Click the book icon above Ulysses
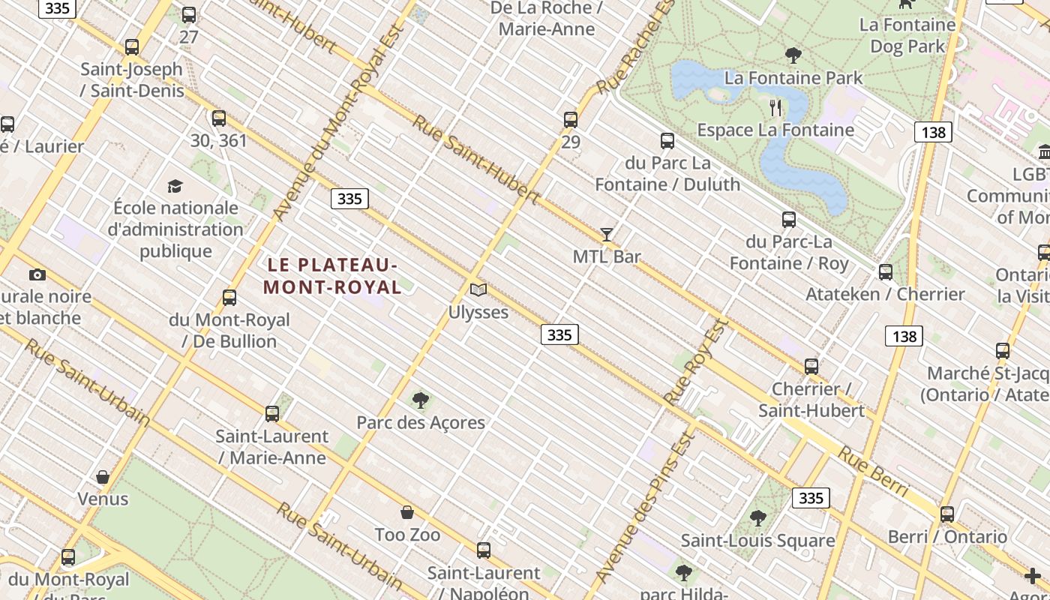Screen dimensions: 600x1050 click(478, 289)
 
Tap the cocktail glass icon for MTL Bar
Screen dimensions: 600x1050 click(607, 235)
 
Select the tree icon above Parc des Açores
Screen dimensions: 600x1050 click(421, 400)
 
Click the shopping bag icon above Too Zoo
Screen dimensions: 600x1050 click(407, 512)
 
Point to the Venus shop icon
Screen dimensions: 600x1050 click(103, 477)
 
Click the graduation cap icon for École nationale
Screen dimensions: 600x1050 click(175, 186)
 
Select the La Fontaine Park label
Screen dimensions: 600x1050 click(793, 77)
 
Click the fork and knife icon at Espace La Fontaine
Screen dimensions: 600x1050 click(775, 108)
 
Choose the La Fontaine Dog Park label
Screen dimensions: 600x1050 click(907, 35)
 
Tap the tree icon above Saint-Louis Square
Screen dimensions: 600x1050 click(757, 518)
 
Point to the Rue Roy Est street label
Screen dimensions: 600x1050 click(696, 361)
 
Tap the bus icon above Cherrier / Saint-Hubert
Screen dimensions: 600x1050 click(811, 367)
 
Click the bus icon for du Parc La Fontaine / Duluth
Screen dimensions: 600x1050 click(667, 141)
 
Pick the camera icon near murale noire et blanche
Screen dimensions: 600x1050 click(37, 274)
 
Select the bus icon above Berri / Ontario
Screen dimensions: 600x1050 click(947, 514)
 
